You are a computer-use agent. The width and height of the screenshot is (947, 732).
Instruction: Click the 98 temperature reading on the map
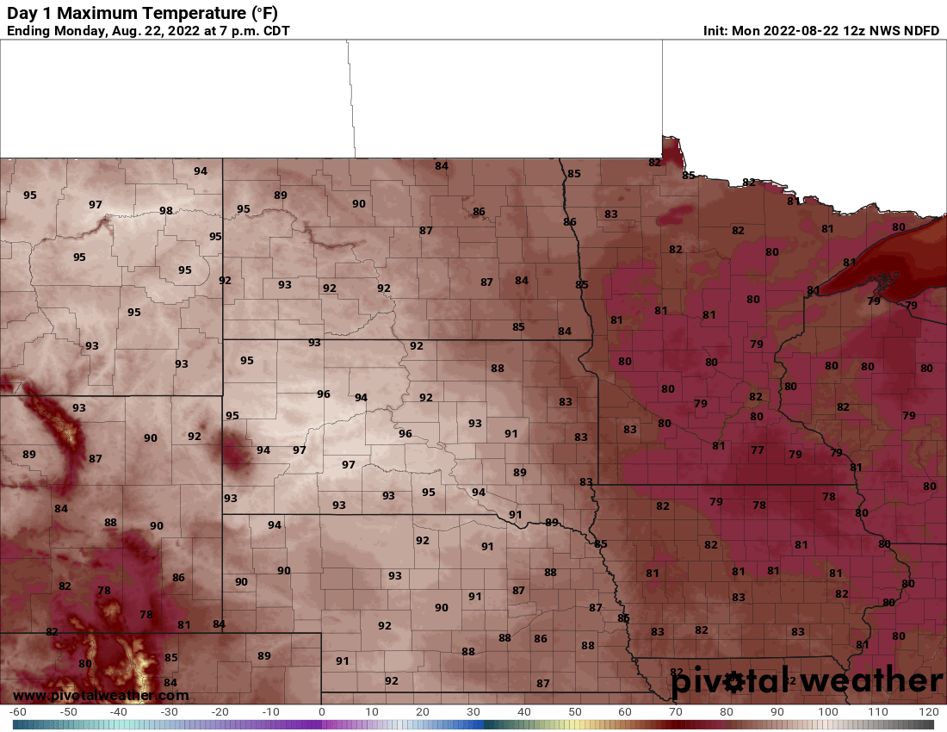click(166, 211)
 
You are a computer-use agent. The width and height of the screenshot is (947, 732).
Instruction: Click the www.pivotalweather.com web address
click(101, 695)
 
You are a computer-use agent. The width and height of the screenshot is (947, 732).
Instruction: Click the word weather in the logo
click(863, 681)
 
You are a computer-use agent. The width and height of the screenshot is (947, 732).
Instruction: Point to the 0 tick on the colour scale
click(322, 712)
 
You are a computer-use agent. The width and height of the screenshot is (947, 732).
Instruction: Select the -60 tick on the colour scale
click(17, 712)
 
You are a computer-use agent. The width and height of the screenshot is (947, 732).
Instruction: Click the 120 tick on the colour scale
click(928, 712)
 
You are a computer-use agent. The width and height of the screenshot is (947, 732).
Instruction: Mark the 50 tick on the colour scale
click(574, 712)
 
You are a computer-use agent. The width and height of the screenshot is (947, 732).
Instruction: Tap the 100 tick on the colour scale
click(827, 712)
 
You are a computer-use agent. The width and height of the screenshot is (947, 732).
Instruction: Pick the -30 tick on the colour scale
click(170, 712)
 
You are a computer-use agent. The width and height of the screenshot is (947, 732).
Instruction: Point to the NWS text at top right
click(882, 31)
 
